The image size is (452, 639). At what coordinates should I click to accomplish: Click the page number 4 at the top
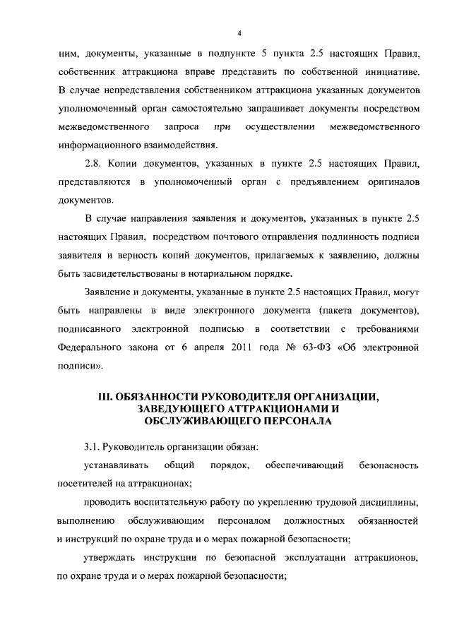coord(239,34)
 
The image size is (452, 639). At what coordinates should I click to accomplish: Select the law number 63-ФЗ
coord(307,347)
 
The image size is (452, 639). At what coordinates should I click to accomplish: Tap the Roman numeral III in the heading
coord(105,397)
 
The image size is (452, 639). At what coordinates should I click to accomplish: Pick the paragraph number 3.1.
coord(93,447)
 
